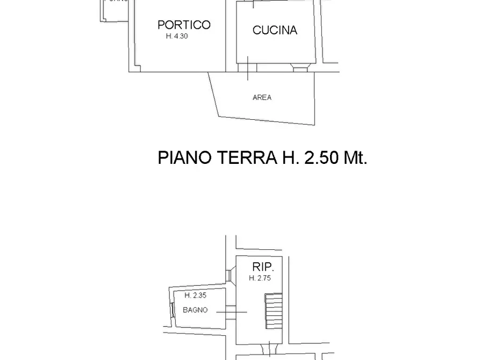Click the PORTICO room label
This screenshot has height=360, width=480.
(x=184, y=25)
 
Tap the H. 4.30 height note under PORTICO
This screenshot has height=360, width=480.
(x=177, y=37)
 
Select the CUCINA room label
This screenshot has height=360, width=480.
(x=275, y=30)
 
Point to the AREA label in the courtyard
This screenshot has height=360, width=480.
(x=262, y=97)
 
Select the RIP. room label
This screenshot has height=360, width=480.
(x=263, y=267)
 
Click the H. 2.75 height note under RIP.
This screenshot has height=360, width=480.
(x=260, y=278)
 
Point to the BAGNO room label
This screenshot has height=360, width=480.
(x=195, y=310)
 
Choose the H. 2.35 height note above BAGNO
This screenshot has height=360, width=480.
(x=195, y=296)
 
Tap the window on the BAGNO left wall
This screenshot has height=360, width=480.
(x=172, y=310)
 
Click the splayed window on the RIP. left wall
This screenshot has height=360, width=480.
(x=230, y=276)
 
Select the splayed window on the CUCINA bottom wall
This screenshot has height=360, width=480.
(x=299, y=68)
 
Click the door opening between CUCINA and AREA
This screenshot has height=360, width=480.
(x=248, y=68)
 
